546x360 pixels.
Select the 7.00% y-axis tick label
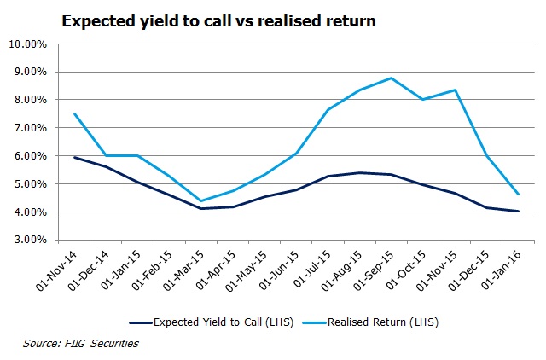(32, 128)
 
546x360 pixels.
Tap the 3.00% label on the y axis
(32, 240)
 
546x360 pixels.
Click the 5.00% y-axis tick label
(32, 184)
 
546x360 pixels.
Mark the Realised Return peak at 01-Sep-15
(391, 78)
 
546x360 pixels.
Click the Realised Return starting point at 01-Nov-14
(76, 114)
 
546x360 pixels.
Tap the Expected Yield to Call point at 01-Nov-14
(76, 157)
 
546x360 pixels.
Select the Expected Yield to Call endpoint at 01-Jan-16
(518, 211)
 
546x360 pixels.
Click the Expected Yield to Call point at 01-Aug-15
(359, 173)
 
